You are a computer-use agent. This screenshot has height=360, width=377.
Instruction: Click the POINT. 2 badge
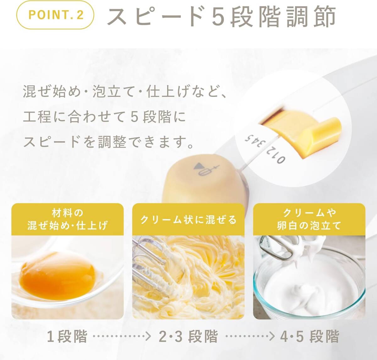tap(55, 15)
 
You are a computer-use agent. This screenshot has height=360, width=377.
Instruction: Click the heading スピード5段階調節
tap(221, 17)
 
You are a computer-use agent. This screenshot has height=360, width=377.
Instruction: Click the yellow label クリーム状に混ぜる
tap(188, 219)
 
